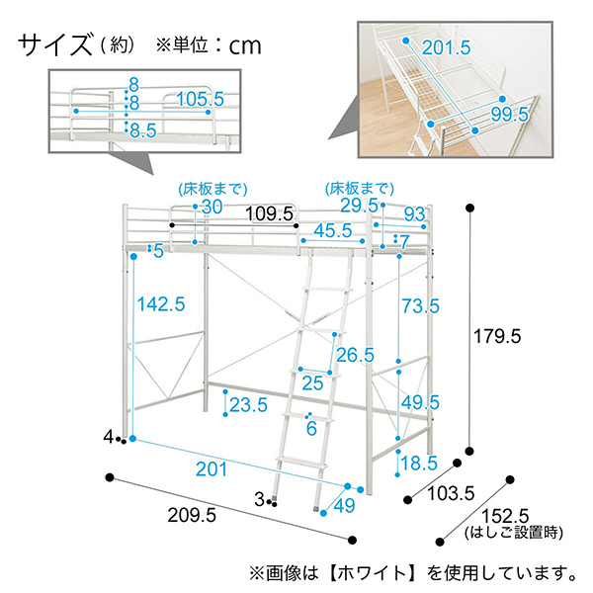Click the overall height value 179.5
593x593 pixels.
[497, 336]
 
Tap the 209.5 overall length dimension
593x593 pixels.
[192, 515]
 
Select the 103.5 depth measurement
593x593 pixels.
[451, 493]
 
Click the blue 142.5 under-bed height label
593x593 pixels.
[161, 304]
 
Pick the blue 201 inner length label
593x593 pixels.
[212, 468]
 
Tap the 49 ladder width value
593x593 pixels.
[345, 505]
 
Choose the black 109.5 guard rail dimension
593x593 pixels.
[270, 213]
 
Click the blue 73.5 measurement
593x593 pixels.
[421, 305]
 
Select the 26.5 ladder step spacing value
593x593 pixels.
[355, 355]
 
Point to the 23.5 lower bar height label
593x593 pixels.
[248, 404]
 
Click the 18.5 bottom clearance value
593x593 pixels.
[419, 463]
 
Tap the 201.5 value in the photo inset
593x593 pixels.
[447, 47]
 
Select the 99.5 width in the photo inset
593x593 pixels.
[510, 115]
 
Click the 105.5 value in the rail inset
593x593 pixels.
[201, 99]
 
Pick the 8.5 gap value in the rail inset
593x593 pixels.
[143, 130]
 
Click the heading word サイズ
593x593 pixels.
[55, 44]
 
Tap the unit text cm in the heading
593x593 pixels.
[245, 45]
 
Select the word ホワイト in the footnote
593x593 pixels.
[372, 573]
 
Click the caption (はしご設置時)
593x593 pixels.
[514, 533]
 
